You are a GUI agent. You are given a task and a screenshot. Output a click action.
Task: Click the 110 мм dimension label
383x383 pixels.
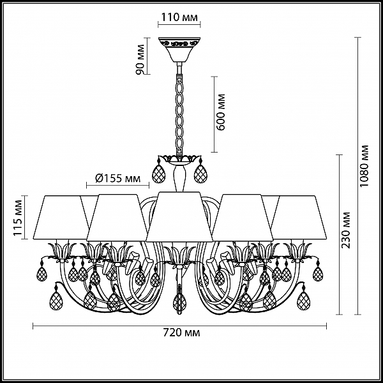pos(179,17)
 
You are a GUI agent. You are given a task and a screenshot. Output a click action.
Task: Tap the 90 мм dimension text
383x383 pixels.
pos(140,59)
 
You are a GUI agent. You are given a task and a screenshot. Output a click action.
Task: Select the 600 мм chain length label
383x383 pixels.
pos(221,112)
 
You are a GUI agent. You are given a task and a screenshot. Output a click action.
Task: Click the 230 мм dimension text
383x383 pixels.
pos(345,230)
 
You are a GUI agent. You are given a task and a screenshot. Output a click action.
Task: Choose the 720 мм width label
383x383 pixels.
pos(181,333)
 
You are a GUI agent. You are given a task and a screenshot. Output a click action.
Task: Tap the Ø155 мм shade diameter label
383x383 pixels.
pos(117,179)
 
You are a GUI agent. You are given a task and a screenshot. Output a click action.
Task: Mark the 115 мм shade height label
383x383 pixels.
pos(18,218)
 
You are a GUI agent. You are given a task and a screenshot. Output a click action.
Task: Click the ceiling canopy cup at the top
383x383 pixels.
pos(179,49)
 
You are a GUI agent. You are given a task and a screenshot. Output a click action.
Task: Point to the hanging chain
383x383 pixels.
pos(179,115)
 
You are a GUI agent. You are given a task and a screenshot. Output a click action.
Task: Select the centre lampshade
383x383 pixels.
pos(179,216)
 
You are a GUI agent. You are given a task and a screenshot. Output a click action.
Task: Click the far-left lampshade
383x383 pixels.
pos(61,217)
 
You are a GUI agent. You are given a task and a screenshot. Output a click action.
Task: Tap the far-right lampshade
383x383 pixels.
pos(299,217)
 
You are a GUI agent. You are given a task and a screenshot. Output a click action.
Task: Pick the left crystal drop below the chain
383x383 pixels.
pos(158,173)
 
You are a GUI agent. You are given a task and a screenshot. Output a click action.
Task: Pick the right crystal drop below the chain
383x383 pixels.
pos(200,173)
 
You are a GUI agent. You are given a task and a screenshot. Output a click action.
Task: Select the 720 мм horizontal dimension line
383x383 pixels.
pos(180,326)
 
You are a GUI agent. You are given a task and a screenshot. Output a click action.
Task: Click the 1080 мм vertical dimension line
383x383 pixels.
pos(358,176)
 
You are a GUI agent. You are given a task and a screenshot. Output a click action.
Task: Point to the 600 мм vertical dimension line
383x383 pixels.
pos(214,114)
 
